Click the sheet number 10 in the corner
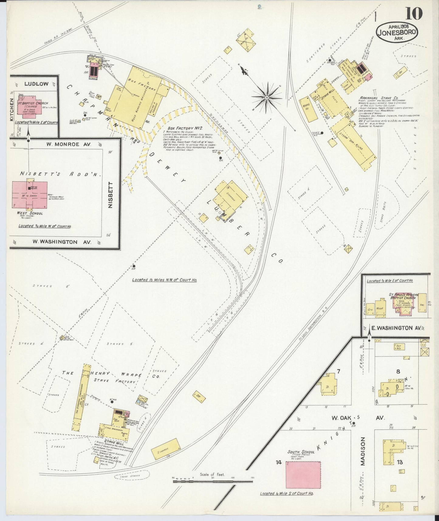point(413,13)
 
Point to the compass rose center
point(266,97)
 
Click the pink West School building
point(30,195)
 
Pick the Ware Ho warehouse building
point(308,109)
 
